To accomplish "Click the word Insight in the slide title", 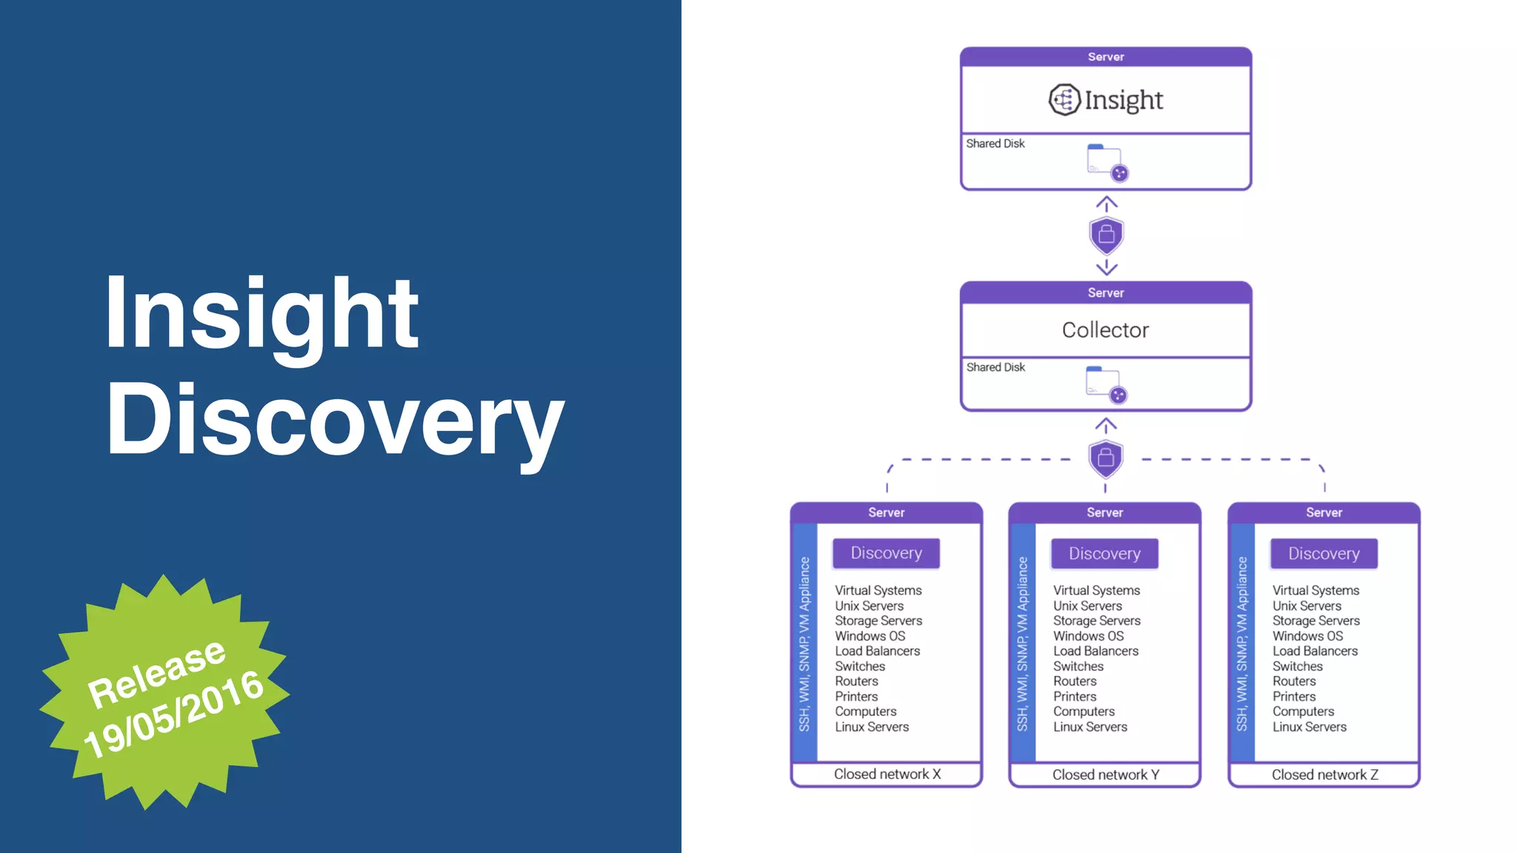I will click(x=261, y=314).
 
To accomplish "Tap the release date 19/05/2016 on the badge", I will click(x=173, y=714).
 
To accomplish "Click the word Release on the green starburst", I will click(x=156, y=672).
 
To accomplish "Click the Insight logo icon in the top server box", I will click(x=1064, y=99).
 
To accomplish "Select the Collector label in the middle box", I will click(x=1105, y=330).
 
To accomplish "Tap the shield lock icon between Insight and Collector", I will click(x=1106, y=235).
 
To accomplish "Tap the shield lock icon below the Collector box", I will click(x=1106, y=458).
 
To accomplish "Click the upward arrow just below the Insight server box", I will click(x=1106, y=204).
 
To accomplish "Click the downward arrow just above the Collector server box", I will click(x=1106, y=267).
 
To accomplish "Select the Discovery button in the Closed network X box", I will click(x=886, y=553).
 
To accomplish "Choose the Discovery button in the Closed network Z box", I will click(x=1324, y=554).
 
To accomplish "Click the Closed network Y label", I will click(x=1105, y=775).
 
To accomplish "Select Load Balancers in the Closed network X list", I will click(x=877, y=651).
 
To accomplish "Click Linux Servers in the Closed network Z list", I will click(x=1309, y=727).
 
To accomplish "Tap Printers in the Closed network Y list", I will click(x=1075, y=697).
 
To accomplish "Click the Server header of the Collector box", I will click(x=1105, y=293).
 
